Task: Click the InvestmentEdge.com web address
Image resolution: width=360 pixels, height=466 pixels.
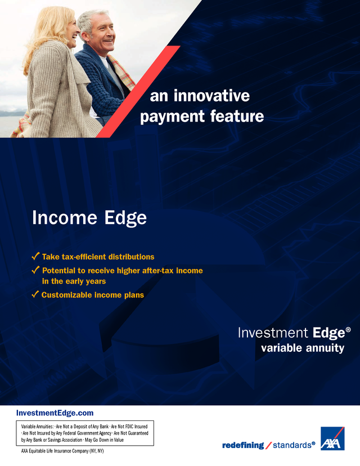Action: point(55,413)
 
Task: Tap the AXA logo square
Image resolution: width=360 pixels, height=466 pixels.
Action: point(332,438)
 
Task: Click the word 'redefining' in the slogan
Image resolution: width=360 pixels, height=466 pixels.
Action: point(243,445)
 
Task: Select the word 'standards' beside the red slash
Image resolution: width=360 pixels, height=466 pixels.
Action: point(292,445)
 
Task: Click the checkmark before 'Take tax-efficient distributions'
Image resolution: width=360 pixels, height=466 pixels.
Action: point(35,256)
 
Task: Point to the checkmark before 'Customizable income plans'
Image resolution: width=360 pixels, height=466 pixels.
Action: point(35,294)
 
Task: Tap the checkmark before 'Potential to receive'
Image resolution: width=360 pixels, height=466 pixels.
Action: point(35,270)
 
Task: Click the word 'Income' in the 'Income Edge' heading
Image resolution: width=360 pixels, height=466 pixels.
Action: point(65,218)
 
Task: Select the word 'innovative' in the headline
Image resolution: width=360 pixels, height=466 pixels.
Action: point(211,96)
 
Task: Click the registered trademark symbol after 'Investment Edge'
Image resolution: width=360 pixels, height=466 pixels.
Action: point(348,330)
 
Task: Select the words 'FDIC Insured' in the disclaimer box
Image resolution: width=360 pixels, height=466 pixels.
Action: point(137,427)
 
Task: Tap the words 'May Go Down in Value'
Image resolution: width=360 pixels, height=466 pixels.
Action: point(104,440)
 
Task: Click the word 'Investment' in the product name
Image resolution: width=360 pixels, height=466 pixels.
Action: point(273,333)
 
